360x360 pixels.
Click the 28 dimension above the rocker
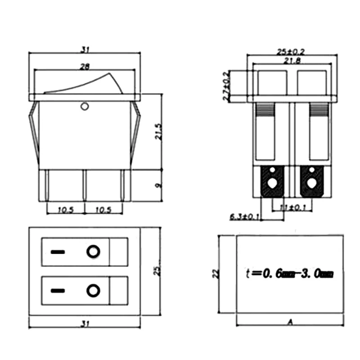pos(85,67)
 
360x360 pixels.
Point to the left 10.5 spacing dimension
pos(65,210)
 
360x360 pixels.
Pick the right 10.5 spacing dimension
pos(103,210)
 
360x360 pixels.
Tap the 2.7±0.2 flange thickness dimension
pos(227,85)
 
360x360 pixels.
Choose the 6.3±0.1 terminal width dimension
pos(245,217)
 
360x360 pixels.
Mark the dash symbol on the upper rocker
pos(57,252)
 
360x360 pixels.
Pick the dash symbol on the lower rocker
pos(57,291)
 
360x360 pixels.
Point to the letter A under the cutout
pos(290,322)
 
